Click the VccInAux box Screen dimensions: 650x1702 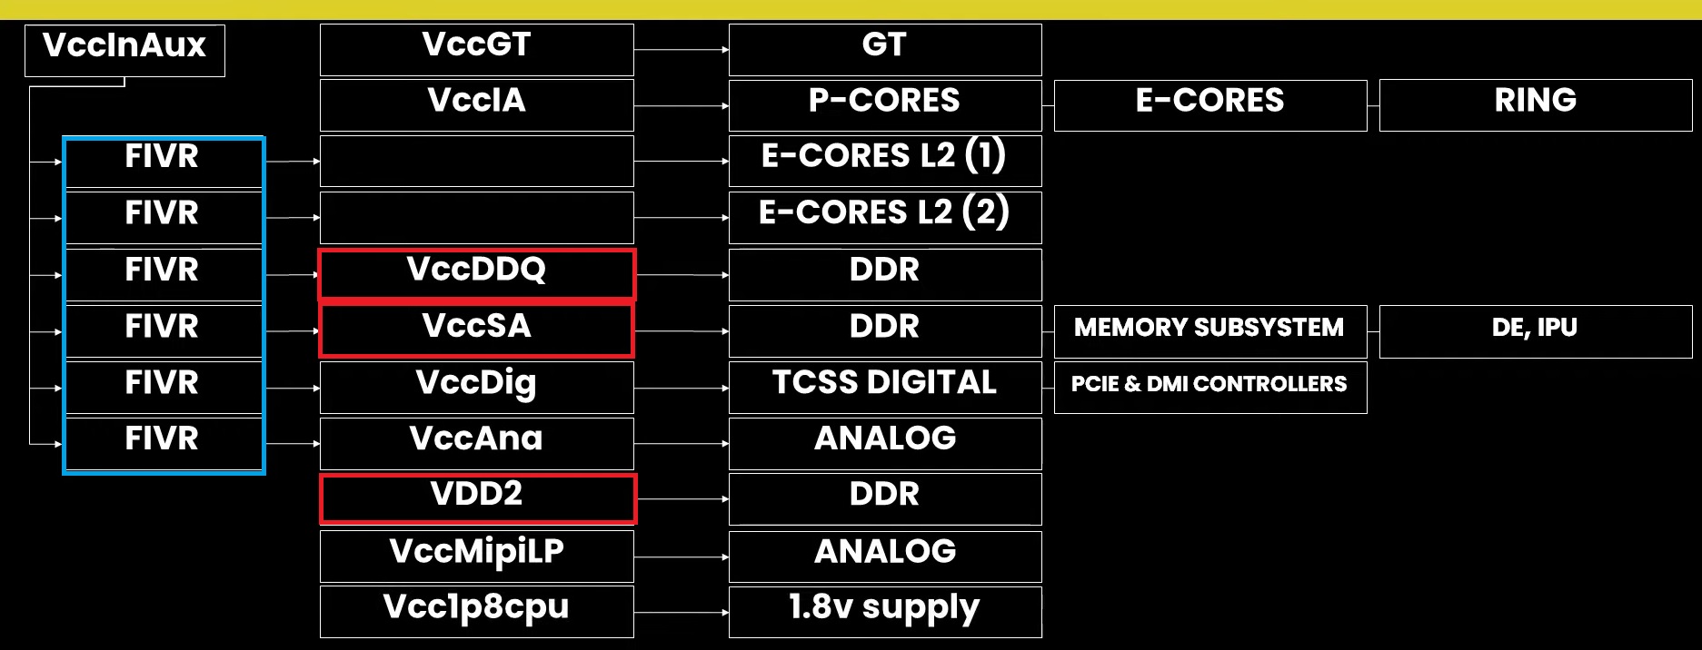point(124,50)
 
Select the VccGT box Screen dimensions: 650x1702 point(476,49)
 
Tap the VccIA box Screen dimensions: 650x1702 point(476,104)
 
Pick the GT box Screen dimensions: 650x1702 point(884,49)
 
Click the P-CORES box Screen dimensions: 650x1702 point(884,104)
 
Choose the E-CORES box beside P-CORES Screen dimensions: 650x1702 point(1209,104)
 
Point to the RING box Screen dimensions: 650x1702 point(1535,104)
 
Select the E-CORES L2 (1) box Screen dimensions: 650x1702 point(884,161)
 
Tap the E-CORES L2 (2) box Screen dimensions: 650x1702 point(884,217)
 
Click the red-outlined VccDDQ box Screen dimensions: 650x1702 point(476,274)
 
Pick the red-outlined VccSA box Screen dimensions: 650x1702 point(476,330)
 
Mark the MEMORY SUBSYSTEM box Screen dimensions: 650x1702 point(1209,330)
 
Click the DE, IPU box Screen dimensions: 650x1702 point(1535,330)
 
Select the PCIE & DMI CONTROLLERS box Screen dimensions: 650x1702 point(1209,387)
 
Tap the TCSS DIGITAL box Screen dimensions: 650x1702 point(884,387)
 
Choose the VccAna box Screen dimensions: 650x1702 point(476,443)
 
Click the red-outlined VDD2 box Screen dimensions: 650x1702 point(476,498)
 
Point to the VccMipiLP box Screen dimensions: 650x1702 point(476,556)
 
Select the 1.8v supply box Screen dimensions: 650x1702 point(884,611)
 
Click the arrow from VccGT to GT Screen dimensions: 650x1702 point(681,49)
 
